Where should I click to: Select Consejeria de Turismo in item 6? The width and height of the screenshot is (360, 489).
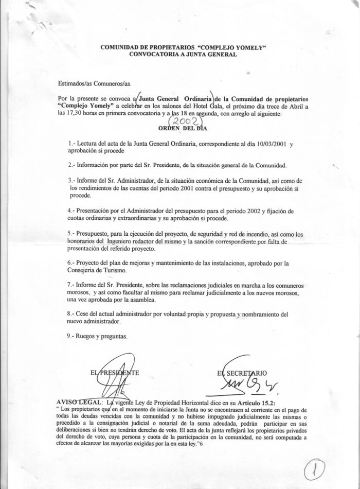coord(97,270)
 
